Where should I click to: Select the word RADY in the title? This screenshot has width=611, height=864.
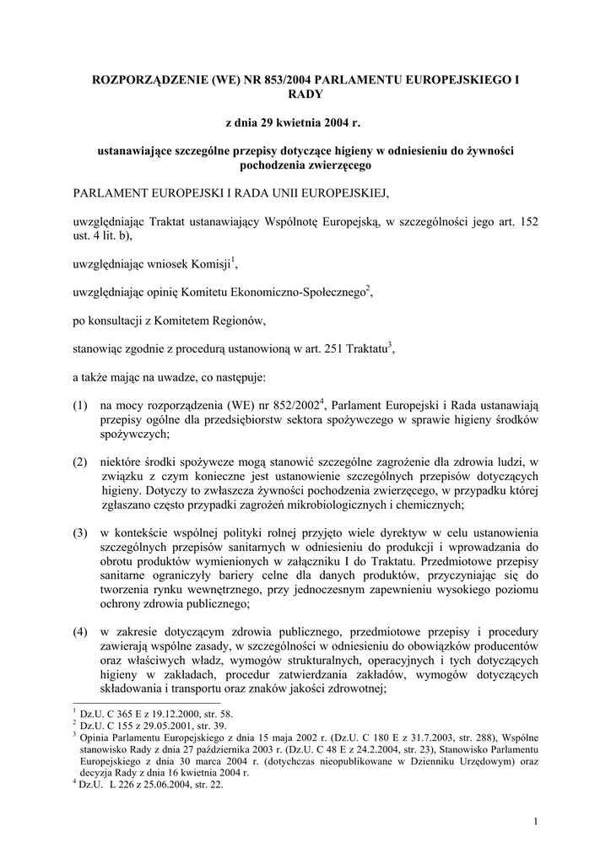pos(305,95)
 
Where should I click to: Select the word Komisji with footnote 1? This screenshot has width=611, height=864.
pos(209,265)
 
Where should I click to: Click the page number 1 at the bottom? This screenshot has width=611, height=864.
pos(536,822)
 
